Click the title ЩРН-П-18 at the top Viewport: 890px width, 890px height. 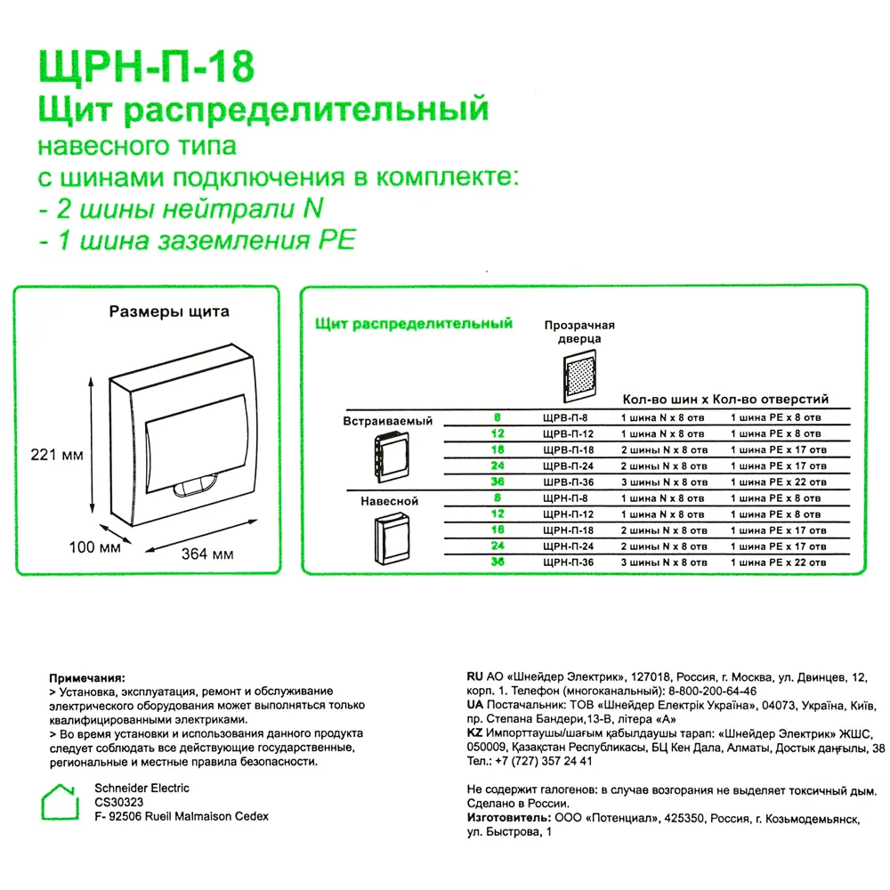(145, 67)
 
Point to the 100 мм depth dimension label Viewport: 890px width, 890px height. (94, 546)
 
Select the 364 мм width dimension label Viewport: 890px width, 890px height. (207, 554)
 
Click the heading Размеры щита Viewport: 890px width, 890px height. (169, 312)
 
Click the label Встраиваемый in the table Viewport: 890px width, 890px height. (388, 421)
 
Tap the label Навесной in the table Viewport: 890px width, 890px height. (389, 501)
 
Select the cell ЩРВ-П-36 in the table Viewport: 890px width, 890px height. (569, 481)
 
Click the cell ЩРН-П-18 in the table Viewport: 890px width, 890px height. (569, 530)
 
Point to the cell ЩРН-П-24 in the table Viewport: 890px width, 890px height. (569, 546)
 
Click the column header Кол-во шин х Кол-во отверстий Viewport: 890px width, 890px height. (724, 400)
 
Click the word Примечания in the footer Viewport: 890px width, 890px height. (87, 677)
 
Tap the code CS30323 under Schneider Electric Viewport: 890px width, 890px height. (119, 802)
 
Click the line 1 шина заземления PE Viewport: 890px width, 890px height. (196, 240)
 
